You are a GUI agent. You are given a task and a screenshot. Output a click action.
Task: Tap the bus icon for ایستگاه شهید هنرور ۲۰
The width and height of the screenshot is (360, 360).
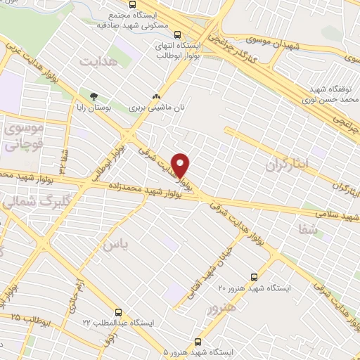[254, 277]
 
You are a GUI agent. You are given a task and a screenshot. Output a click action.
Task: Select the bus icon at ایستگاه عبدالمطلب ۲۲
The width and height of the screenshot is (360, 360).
[118, 311]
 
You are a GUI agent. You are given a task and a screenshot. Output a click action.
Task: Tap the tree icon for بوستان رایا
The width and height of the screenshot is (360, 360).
[93, 95]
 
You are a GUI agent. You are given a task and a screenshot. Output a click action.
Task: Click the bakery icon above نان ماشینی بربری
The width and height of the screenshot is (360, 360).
[156, 98]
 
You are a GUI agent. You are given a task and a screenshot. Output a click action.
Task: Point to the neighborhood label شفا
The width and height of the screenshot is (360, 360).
[308, 229]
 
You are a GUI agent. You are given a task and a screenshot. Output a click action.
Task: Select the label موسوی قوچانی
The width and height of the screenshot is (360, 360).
[23, 137]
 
